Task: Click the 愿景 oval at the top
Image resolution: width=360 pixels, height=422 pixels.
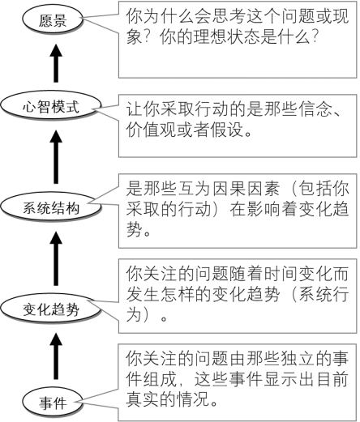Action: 52,19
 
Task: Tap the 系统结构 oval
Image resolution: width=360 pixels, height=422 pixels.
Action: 51,207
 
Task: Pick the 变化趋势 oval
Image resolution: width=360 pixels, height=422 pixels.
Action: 51,309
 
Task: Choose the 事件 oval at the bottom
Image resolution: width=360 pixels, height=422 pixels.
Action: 52,402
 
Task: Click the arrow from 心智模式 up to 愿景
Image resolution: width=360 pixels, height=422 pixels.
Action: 56,63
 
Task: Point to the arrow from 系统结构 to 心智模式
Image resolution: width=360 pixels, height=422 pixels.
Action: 56,157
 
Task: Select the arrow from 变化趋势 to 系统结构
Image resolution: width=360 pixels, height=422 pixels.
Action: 56,258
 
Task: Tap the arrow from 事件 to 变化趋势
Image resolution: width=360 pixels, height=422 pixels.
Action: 56,356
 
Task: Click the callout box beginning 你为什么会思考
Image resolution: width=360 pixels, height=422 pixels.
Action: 238,40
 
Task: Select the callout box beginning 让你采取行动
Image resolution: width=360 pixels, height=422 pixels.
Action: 238,126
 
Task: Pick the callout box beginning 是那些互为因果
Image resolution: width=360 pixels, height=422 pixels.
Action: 238,211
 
